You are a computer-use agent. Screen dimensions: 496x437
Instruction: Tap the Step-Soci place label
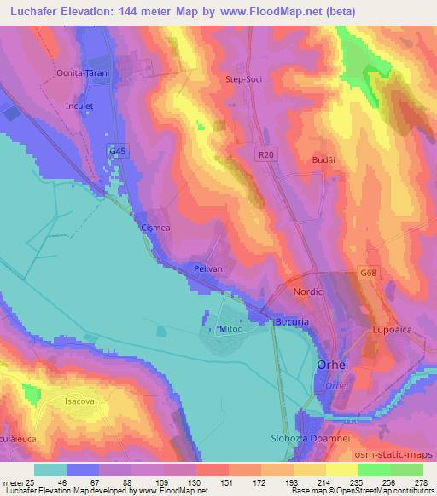[x=242, y=79]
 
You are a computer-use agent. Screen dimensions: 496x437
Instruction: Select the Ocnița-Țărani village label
[x=83, y=73]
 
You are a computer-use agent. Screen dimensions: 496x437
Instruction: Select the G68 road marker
[x=368, y=273]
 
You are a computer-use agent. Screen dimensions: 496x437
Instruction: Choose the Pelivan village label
[x=207, y=268]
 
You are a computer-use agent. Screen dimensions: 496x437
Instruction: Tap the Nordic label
[x=308, y=291]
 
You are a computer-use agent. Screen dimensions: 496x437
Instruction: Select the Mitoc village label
[x=231, y=328]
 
